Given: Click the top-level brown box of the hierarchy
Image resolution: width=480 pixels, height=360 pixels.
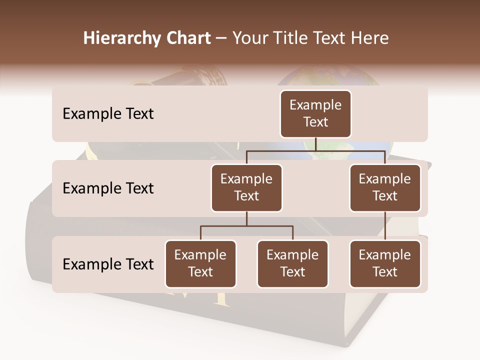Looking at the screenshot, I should (315, 113).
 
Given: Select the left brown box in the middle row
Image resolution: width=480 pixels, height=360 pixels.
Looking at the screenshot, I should (246, 187).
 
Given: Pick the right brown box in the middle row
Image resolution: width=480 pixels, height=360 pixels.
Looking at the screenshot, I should (385, 187).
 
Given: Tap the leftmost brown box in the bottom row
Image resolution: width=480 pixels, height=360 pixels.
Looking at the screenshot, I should (200, 263).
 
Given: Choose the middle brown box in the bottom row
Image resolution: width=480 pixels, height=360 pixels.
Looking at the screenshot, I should (292, 263).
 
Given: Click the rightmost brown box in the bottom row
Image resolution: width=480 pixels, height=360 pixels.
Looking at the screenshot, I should (385, 263).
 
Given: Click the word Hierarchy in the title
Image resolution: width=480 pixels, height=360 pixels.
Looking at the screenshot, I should (119, 38).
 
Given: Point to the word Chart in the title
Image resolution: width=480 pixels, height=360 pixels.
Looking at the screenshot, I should (186, 38).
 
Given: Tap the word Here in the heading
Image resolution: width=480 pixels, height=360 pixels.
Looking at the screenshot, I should (369, 38).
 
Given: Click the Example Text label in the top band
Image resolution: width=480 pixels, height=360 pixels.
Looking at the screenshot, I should (108, 113).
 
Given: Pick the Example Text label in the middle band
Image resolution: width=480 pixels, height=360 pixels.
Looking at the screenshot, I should (108, 188).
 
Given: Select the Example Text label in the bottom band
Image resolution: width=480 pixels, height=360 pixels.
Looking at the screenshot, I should (108, 264).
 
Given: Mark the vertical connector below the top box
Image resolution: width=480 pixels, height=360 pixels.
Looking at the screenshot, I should (315, 144).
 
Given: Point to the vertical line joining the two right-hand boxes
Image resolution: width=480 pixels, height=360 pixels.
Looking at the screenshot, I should (385, 225).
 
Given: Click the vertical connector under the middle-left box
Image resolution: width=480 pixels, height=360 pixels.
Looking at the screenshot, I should (246, 218).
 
